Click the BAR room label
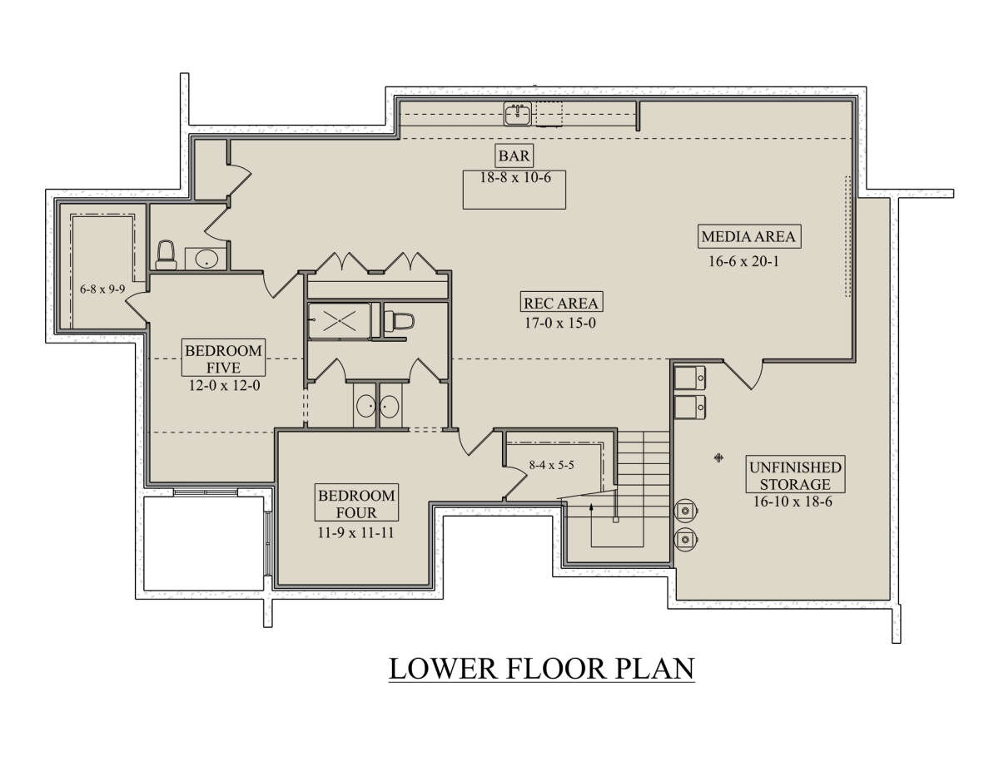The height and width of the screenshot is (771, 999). tap(514, 156)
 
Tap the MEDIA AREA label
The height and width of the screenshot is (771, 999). tap(748, 236)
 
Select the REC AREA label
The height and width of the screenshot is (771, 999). tap(561, 303)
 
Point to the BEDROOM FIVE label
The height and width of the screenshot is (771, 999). tap(223, 358)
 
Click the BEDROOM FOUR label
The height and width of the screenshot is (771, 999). tap(356, 504)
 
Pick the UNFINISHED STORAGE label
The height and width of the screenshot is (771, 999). tap(795, 475)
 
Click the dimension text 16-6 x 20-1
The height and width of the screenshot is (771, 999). tap(744, 261)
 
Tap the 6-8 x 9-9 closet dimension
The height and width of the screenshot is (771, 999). tap(102, 289)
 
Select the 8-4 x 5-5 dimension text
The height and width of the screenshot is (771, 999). tap(552, 465)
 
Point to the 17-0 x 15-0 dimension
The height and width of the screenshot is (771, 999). tap(560, 323)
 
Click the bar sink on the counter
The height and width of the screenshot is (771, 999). tap(518, 113)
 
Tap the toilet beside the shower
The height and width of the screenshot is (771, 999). tap(399, 320)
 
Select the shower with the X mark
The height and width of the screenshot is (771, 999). tap(340, 320)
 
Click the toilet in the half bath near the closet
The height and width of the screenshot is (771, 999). tap(166, 255)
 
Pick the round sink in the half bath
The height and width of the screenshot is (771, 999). tap(206, 259)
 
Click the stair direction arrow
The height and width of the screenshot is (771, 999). tap(591, 526)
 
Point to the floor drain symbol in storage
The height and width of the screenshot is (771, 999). tap(718, 457)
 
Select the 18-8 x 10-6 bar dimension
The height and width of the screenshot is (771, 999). tap(515, 177)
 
